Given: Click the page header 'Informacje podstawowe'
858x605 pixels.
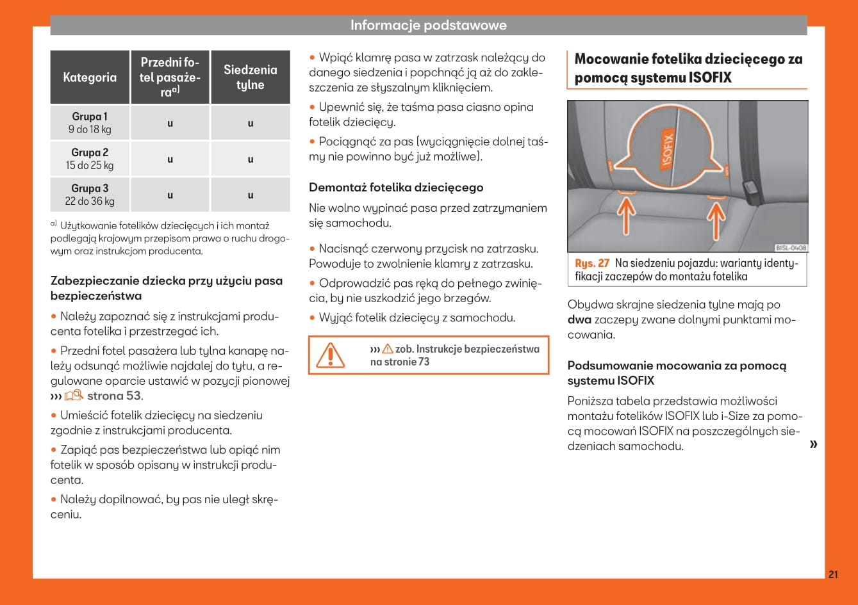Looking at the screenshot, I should [428, 26].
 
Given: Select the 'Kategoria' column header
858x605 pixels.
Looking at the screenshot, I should [90, 77].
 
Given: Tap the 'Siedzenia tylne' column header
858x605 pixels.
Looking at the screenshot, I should [250, 77].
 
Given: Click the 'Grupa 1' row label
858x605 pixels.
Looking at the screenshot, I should [90, 117].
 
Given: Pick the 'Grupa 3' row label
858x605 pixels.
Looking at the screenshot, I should [90, 189].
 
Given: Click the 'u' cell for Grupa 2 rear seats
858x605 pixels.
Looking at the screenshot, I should [250, 159].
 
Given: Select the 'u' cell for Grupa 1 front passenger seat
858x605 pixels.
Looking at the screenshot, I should [170, 124].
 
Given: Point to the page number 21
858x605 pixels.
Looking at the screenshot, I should [833, 574].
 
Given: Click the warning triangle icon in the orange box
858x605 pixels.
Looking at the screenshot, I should [331, 355].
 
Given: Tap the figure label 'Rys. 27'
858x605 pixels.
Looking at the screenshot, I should [592, 263].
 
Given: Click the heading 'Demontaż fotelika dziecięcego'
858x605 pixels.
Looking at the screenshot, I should [396, 188].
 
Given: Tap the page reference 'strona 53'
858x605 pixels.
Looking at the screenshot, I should [114, 396].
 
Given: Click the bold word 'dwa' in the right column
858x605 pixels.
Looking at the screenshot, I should [579, 319].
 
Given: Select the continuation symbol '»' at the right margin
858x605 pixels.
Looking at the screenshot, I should [813, 444].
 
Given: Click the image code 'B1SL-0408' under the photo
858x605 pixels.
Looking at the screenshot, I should [791, 248].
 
